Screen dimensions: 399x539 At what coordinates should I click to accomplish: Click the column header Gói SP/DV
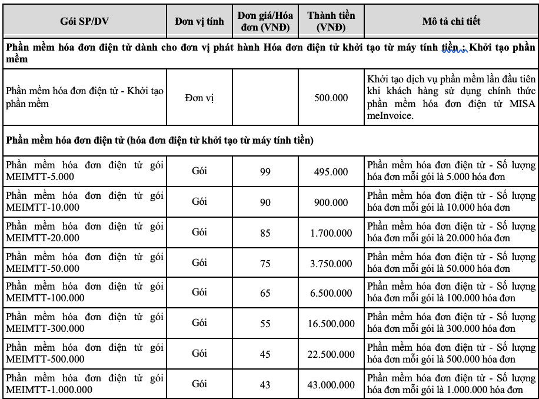click(x=84, y=22)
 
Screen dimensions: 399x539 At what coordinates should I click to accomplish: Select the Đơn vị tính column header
click(x=199, y=22)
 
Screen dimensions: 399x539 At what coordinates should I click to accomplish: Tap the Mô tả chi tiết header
click(x=451, y=22)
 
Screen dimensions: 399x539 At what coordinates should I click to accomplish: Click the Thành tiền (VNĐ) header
click(x=331, y=22)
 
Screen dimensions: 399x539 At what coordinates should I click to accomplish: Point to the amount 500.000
click(x=331, y=97)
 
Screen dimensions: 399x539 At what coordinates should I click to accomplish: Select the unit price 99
click(x=265, y=171)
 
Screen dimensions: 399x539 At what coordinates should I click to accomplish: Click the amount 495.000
click(x=331, y=171)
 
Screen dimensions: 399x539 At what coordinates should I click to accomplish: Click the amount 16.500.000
click(x=331, y=324)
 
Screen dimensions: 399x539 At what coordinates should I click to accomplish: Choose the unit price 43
click(x=265, y=384)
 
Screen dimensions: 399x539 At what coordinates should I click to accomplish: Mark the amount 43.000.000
click(x=331, y=384)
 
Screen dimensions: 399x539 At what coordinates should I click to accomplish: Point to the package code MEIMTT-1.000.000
click(x=49, y=389)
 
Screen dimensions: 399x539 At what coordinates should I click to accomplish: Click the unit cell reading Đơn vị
click(x=199, y=97)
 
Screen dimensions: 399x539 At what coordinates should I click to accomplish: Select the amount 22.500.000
click(x=331, y=354)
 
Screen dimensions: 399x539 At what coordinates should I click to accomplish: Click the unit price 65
click(x=265, y=293)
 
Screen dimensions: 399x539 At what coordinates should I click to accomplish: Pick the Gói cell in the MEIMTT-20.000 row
click(x=199, y=232)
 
